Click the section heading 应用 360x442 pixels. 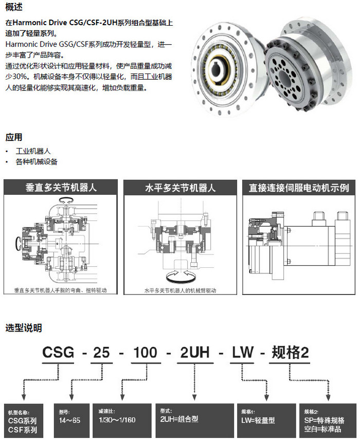14,137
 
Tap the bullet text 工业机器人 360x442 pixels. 33,152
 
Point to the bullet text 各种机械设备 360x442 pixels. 37,162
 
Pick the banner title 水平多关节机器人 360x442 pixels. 180,188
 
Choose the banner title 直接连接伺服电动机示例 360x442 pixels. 299,188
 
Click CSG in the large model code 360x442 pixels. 58,353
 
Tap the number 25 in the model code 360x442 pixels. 101,353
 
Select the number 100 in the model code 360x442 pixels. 146,353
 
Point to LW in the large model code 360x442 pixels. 242,353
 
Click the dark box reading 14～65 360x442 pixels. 70,420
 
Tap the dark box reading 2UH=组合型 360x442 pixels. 194,420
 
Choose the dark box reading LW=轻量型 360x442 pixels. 266,420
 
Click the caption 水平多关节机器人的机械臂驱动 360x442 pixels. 181,290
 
